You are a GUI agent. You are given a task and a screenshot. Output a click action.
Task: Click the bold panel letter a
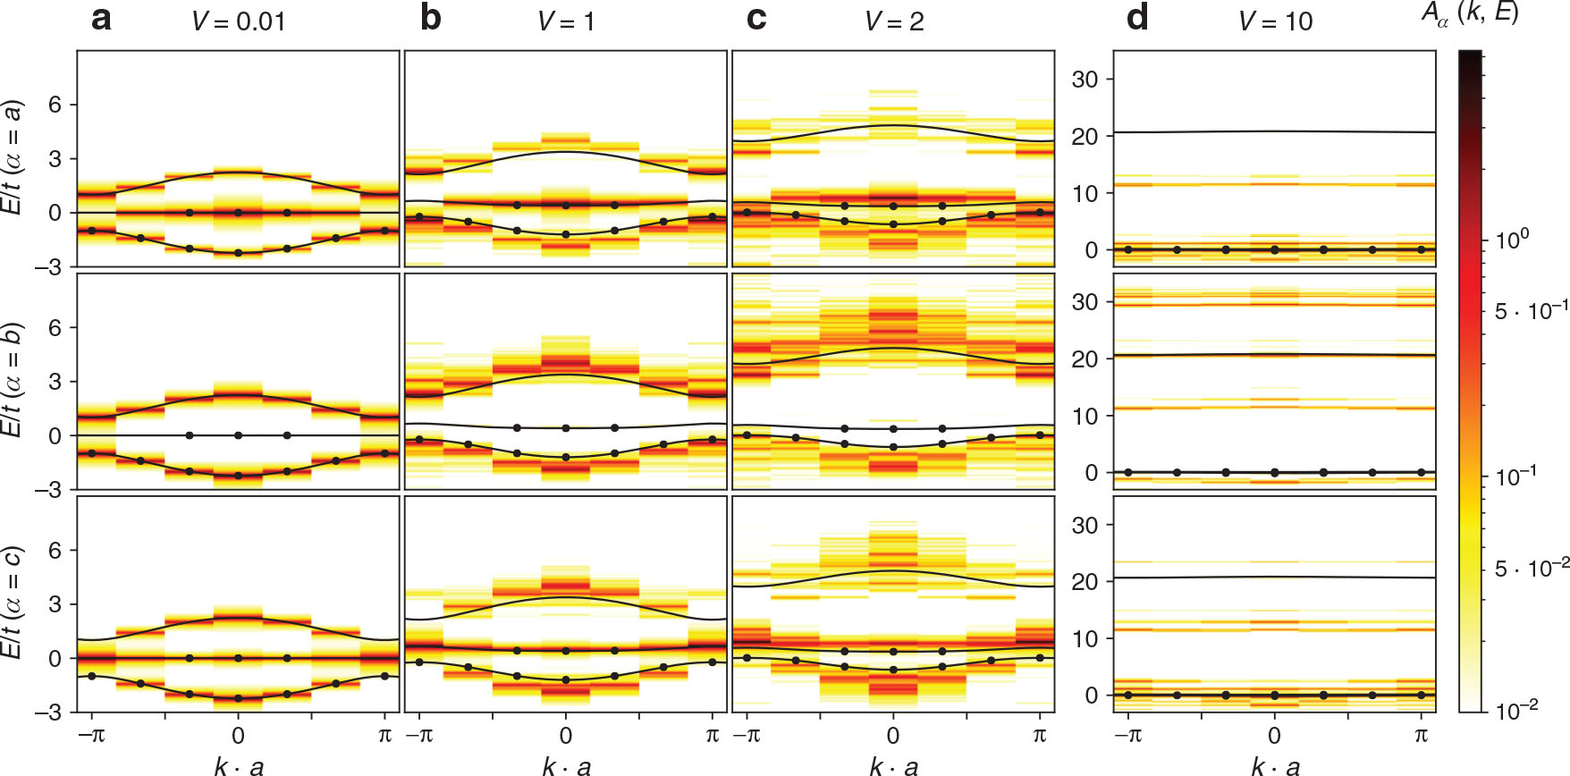[x=101, y=19]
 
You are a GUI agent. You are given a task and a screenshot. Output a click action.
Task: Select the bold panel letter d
[x=1136, y=19]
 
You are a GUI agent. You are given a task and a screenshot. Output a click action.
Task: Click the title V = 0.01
[x=238, y=21]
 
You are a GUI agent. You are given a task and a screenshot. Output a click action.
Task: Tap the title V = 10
[x=1275, y=21]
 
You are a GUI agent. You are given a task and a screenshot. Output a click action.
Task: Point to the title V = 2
[x=894, y=21]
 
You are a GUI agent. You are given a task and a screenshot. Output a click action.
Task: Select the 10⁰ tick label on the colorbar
[x=1512, y=240]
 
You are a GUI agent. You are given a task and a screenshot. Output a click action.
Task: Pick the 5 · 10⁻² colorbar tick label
[x=1531, y=569]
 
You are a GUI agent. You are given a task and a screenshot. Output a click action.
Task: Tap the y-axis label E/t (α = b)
[x=13, y=380]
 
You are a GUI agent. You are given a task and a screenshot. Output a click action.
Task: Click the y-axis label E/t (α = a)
[x=13, y=157]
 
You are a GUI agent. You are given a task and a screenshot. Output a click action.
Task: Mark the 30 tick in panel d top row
[x=1084, y=80]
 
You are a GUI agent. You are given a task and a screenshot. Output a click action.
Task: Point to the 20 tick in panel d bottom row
[x=1084, y=582]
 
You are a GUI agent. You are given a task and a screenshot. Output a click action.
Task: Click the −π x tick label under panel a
[x=90, y=736]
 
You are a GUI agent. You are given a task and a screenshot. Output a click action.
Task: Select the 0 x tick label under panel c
[x=893, y=736]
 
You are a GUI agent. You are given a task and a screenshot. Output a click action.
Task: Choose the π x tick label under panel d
[x=1422, y=736]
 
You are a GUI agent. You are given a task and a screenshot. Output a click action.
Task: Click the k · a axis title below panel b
[x=566, y=765]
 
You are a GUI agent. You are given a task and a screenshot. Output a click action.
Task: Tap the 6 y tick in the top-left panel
[x=55, y=105]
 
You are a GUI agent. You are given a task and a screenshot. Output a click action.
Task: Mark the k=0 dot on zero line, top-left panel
[x=238, y=213]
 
